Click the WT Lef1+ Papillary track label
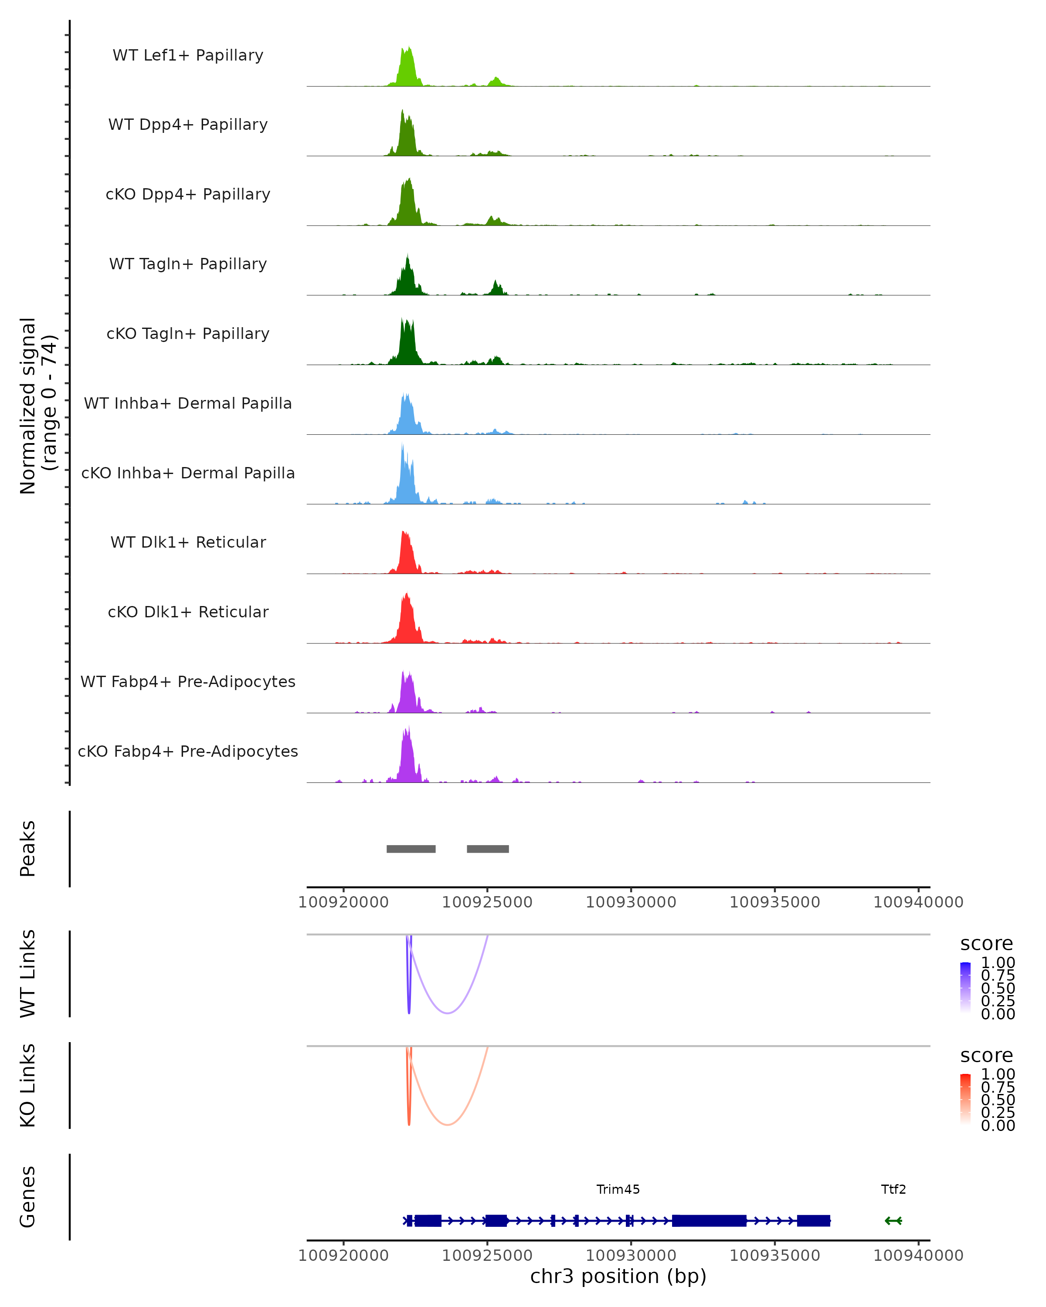[x=188, y=55]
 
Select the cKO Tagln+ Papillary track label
[x=188, y=333]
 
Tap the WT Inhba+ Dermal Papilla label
[x=188, y=403]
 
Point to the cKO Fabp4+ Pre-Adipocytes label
[x=188, y=751]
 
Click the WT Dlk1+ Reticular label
[x=188, y=542]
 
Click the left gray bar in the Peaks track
[x=411, y=849]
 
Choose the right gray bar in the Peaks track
[x=488, y=849]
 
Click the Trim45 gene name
[x=618, y=1189]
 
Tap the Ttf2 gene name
[x=893, y=1189]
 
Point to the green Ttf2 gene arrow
[x=893, y=1221]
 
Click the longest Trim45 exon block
[x=709, y=1221]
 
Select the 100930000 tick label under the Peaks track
[x=631, y=902]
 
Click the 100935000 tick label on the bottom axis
[x=774, y=1256]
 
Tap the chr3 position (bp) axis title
[x=618, y=1277]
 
